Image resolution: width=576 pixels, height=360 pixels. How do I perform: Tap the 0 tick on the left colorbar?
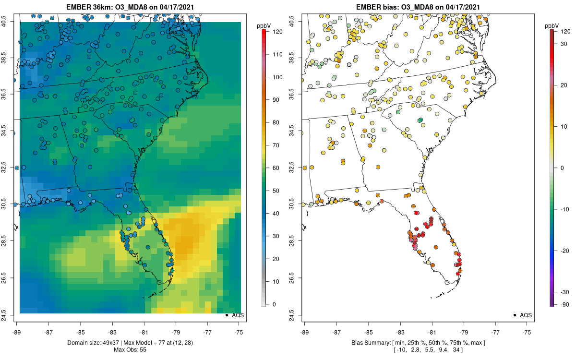coord(274,304)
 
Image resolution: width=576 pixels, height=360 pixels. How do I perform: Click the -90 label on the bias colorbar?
coord(565,304)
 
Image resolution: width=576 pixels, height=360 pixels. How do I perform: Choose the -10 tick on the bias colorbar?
coord(565,209)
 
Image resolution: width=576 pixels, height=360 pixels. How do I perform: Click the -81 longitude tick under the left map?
coord(144,332)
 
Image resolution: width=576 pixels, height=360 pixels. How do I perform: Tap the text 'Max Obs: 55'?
coord(130,350)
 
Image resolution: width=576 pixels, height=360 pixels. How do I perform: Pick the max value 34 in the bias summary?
coord(456,350)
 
